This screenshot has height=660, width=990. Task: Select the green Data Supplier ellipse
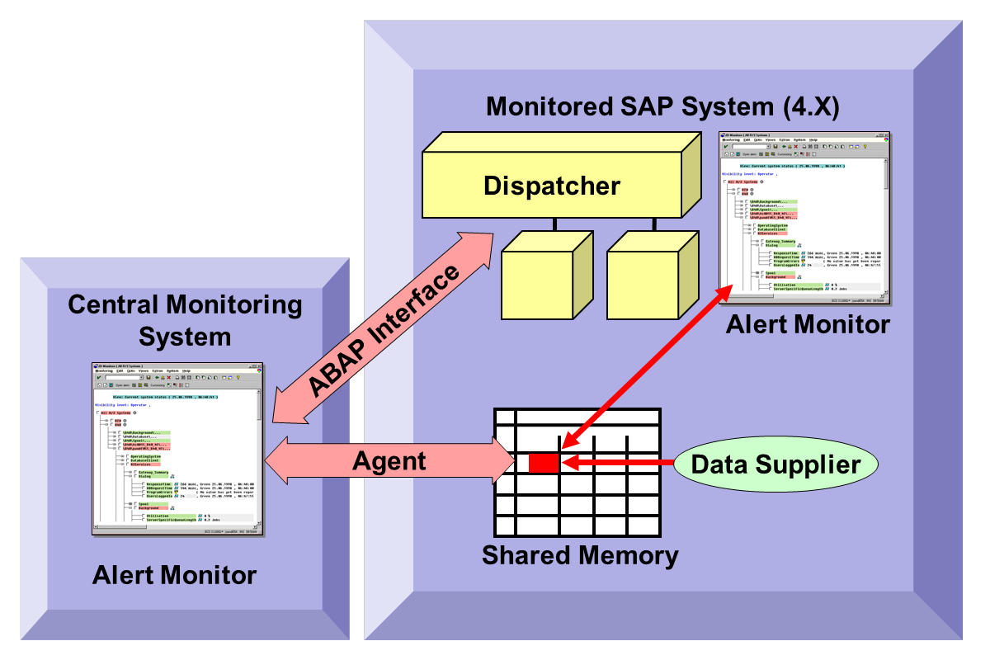(775, 464)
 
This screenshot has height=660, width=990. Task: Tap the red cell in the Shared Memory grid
(544, 463)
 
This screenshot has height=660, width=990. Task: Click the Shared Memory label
(580, 555)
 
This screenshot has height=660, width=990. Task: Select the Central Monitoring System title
(185, 320)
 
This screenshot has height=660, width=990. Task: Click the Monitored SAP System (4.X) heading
(662, 106)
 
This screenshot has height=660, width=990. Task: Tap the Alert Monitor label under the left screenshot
(174, 574)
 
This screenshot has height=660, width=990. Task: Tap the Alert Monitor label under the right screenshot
(808, 324)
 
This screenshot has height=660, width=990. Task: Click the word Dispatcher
(551, 185)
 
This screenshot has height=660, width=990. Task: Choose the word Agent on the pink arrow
(389, 460)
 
